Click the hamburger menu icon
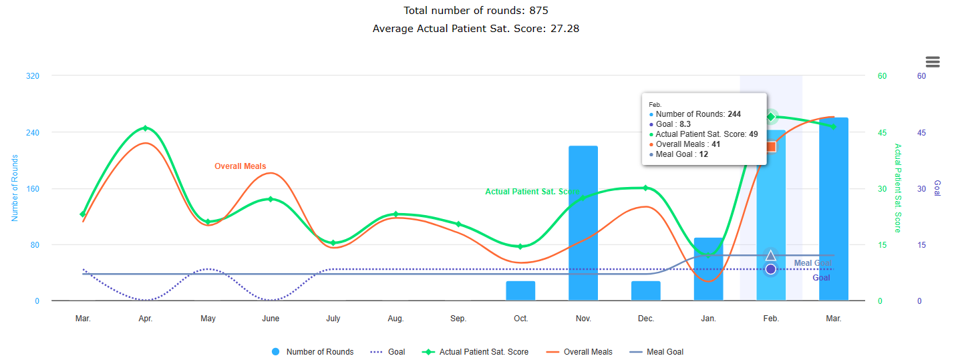click(933, 62)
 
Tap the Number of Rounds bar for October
click(520, 291)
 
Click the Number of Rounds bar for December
click(646, 291)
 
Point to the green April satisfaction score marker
click(146, 128)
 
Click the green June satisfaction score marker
click(271, 199)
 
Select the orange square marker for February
click(771, 146)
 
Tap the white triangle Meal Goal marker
click(771, 256)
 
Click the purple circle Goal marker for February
click(771, 269)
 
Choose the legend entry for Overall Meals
click(579, 352)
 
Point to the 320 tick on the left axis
click(33, 76)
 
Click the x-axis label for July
click(333, 319)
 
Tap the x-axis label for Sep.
click(458, 319)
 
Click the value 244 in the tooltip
click(734, 114)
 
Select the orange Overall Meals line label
click(240, 166)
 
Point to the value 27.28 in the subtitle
click(566, 29)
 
